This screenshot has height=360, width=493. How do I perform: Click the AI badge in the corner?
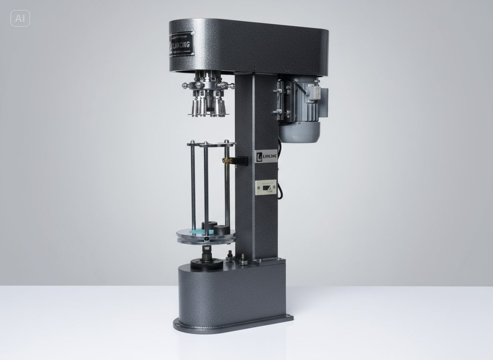point(20,19)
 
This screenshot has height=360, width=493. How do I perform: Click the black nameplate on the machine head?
point(181,44)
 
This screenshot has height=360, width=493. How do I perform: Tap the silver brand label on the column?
point(266,156)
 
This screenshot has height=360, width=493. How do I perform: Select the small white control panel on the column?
point(266,188)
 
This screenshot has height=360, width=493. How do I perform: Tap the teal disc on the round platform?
point(196,231)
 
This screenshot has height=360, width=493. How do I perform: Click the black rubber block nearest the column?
point(221,229)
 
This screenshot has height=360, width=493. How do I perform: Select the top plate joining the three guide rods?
point(210,144)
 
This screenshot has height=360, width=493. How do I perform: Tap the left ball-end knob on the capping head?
point(185,85)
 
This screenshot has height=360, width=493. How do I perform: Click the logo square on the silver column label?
point(259,156)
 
